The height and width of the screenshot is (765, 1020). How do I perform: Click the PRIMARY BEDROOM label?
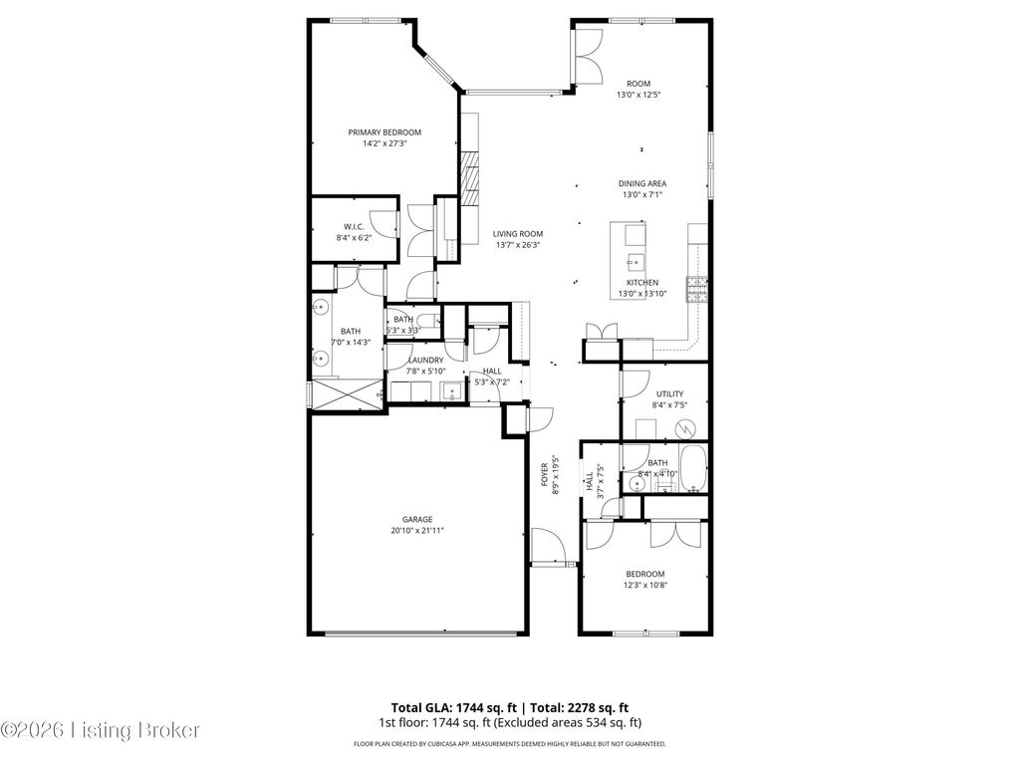[383, 132]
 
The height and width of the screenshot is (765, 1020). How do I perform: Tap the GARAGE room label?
[417, 519]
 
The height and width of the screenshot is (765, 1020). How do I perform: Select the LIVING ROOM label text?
[518, 234]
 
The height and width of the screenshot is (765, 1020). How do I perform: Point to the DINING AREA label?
[642, 183]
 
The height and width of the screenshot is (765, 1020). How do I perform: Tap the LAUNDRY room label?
[425, 360]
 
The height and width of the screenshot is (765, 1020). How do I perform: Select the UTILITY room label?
[669, 394]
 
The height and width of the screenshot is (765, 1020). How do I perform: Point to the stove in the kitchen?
[696, 289]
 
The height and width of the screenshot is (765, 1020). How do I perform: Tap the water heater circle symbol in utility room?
[685, 429]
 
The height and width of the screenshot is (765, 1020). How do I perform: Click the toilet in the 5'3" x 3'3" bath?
[424, 321]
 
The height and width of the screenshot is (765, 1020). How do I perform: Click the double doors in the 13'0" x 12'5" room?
[589, 56]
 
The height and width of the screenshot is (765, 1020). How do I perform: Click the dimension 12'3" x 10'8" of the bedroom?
[645, 586]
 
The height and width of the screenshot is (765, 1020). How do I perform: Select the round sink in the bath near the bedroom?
[637, 485]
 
